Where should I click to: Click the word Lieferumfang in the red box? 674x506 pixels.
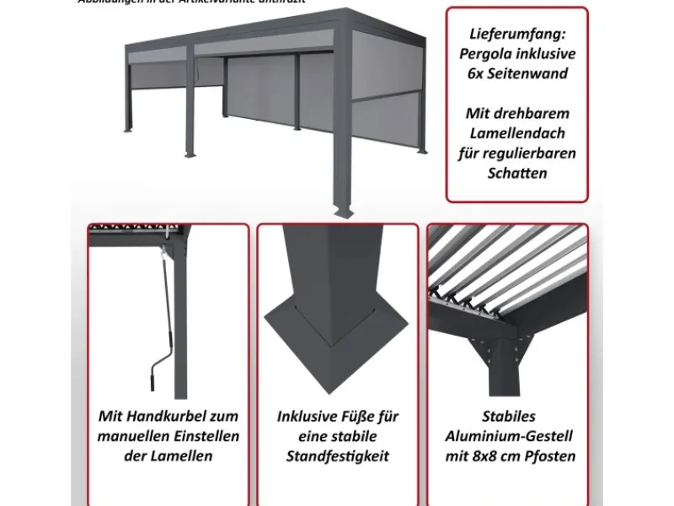coord(516,35)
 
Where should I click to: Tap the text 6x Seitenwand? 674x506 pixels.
coord(516,73)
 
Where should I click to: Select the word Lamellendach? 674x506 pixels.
coord(516,132)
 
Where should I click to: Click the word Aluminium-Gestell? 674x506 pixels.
coord(509,436)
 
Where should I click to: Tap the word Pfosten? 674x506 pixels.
coord(548,456)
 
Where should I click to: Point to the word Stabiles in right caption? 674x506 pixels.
coord(509,417)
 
